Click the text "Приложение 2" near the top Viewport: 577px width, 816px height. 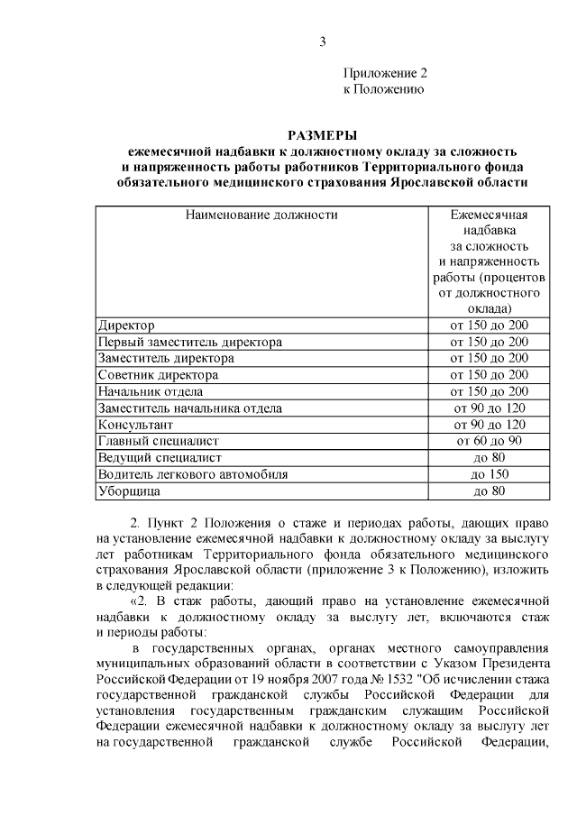[x=383, y=73]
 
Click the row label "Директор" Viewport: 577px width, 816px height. [x=127, y=325]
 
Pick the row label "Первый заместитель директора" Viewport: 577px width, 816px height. [x=190, y=342]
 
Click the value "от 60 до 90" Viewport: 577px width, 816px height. [x=490, y=441]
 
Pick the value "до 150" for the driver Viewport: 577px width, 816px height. [x=490, y=474]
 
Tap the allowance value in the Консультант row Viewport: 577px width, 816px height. [x=490, y=425]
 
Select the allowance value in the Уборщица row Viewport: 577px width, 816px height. [x=490, y=491]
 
